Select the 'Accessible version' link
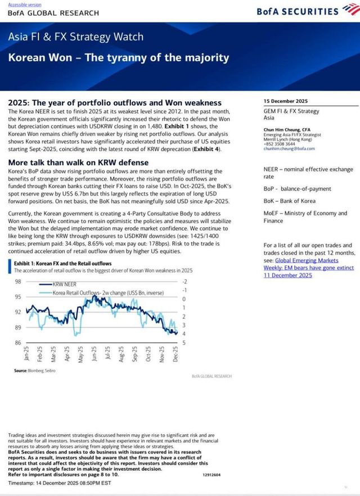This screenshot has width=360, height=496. pos(21,4)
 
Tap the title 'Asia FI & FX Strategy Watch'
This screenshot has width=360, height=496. pos(75,38)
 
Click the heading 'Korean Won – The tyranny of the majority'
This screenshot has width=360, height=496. pos(119,57)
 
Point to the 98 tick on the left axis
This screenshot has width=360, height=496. pos(18,281)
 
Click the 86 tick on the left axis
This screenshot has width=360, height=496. pos(18,342)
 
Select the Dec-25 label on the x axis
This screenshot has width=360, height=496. pos(176,354)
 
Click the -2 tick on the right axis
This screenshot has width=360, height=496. pos(184,281)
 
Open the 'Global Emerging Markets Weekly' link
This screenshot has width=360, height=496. pos(308,268)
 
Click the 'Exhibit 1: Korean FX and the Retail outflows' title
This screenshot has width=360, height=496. pos(63,263)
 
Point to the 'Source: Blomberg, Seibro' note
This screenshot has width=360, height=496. pos(33,371)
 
